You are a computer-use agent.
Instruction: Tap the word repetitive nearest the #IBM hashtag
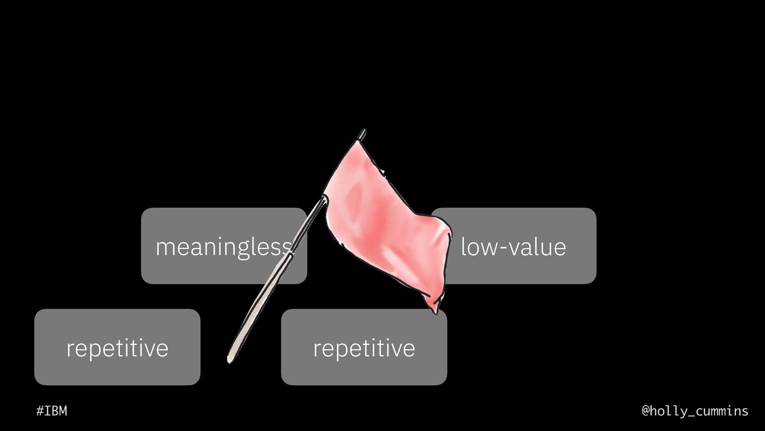[117, 348]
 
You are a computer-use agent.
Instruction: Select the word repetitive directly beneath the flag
[364, 348]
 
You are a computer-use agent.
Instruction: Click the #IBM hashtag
[52, 411]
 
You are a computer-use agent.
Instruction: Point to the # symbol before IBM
[40, 411]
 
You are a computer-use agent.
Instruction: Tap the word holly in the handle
[670, 411]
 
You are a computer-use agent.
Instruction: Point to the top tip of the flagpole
[363, 130]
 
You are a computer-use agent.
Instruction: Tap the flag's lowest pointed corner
[435, 312]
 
